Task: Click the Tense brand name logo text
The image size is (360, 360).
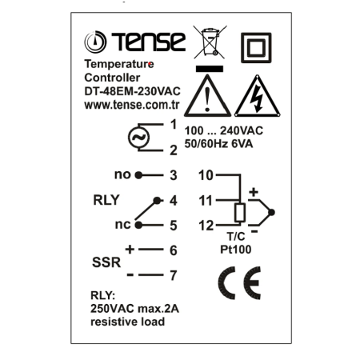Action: pos(148,42)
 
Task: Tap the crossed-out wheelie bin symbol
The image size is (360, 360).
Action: pos(210,42)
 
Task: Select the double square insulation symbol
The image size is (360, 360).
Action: pos(256,48)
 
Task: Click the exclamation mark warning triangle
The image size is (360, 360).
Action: pos(207,96)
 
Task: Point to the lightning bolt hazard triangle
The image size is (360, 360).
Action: pos(258,96)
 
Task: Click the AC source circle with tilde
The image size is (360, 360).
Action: pos(138,138)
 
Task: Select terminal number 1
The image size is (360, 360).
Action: pos(174,124)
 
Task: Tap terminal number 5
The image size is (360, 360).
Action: pos(174,226)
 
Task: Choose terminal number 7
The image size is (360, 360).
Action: pos(174,275)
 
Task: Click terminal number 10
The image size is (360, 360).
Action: pos(206,175)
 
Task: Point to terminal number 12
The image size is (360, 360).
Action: pos(206,226)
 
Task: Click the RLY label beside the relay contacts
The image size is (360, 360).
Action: pos(106,200)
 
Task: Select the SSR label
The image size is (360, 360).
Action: pos(106,262)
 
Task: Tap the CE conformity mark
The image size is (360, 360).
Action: pos(239,282)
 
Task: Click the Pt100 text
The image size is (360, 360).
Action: pos(236,250)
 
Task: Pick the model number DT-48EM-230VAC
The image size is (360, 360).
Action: pos(132,91)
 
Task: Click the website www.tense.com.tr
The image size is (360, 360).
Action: pos(132,105)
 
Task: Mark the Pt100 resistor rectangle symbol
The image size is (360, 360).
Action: pos(240,213)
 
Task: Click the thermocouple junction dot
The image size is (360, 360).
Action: pos(271,213)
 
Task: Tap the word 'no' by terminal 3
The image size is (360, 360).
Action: pos(122,175)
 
